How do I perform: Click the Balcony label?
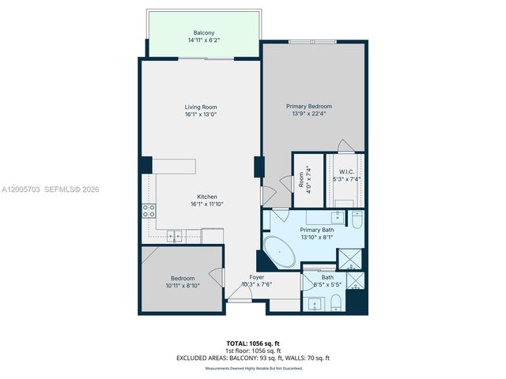(x=204, y=32)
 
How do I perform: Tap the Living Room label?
(x=201, y=107)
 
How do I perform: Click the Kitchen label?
(x=207, y=197)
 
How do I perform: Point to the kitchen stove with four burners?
(x=149, y=210)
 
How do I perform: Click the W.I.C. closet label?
(x=346, y=171)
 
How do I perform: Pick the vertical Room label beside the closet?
(x=302, y=180)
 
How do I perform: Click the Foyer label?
(x=257, y=277)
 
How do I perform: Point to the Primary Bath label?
(x=315, y=229)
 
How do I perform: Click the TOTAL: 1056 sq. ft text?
(x=252, y=343)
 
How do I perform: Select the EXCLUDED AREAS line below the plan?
(x=252, y=358)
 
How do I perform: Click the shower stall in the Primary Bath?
(x=349, y=258)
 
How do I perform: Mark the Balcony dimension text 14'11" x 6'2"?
(x=204, y=39)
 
